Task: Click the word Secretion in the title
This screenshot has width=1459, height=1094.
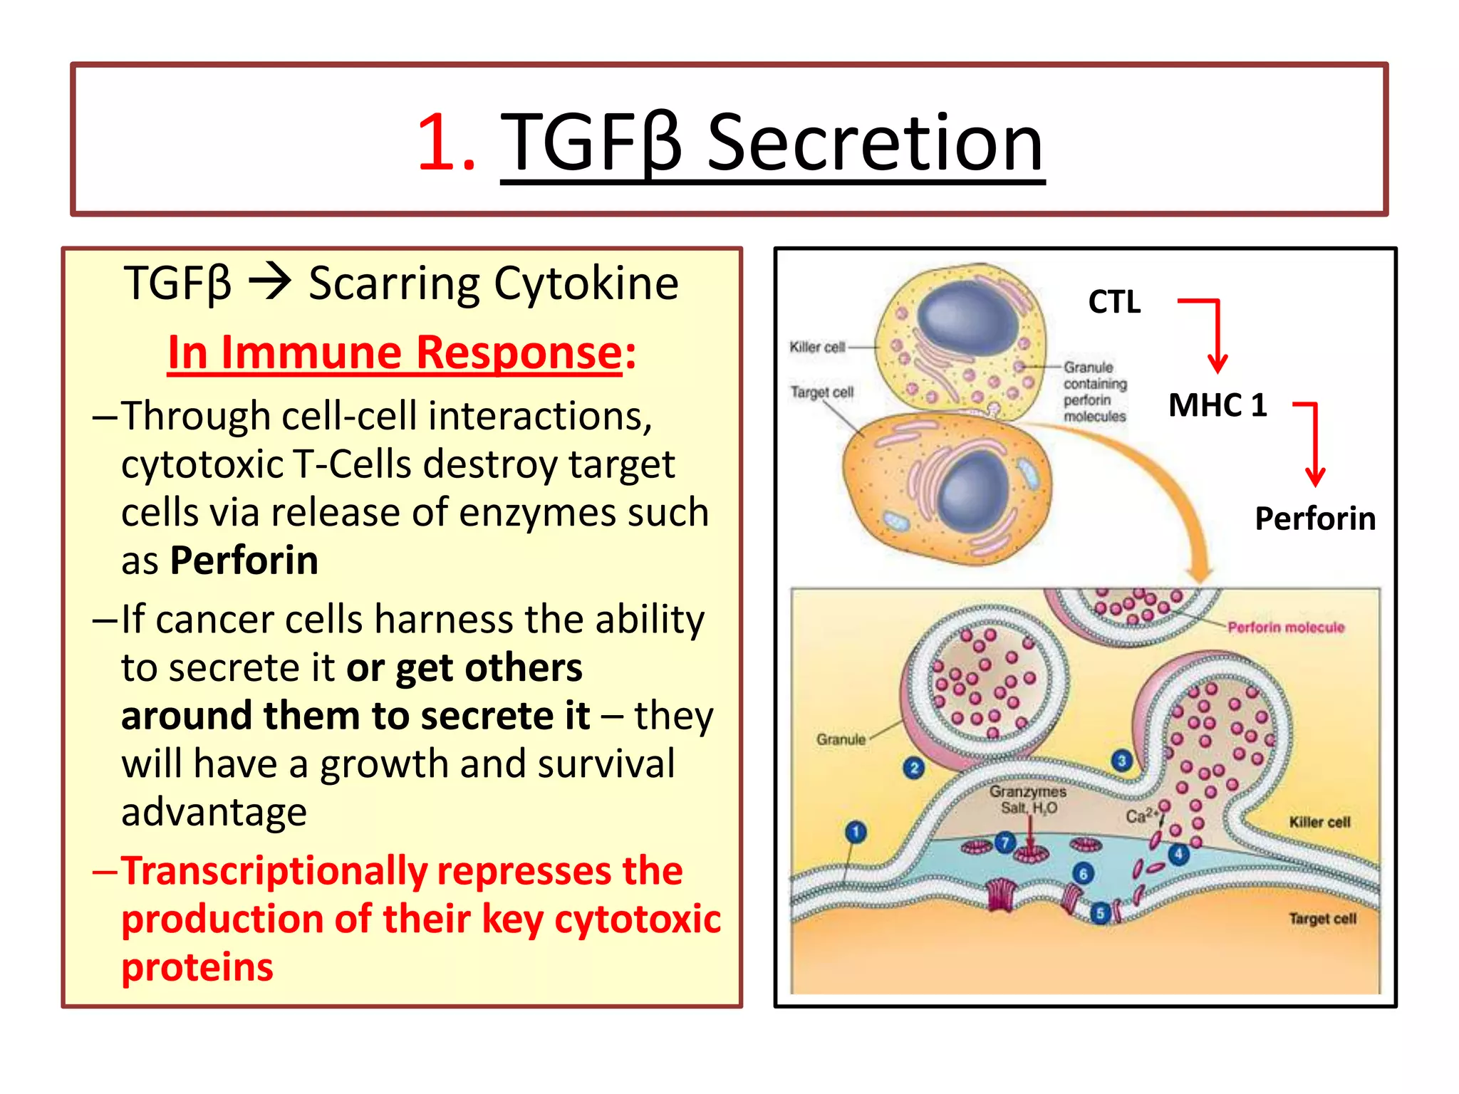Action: (875, 144)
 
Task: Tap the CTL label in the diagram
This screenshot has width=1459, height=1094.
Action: (1114, 302)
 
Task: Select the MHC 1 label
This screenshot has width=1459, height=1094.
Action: (1217, 405)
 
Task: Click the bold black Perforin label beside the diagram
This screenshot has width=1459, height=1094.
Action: (1314, 519)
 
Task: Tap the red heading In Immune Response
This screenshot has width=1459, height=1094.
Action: (395, 353)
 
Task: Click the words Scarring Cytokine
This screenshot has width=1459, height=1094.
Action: (493, 283)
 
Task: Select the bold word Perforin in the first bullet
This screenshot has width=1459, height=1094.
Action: (244, 561)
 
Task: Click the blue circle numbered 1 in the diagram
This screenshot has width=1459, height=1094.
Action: (856, 832)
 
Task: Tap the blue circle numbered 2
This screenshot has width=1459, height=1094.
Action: (913, 768)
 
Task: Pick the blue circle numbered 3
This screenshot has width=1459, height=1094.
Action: (1121, 761)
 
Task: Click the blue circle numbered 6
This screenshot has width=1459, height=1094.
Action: (1083, 874)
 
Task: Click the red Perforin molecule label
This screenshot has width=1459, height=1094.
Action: (1285, 627)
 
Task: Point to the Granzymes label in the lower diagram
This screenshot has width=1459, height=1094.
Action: (1027, 792)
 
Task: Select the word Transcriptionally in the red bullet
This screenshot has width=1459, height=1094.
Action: (274, 872)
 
